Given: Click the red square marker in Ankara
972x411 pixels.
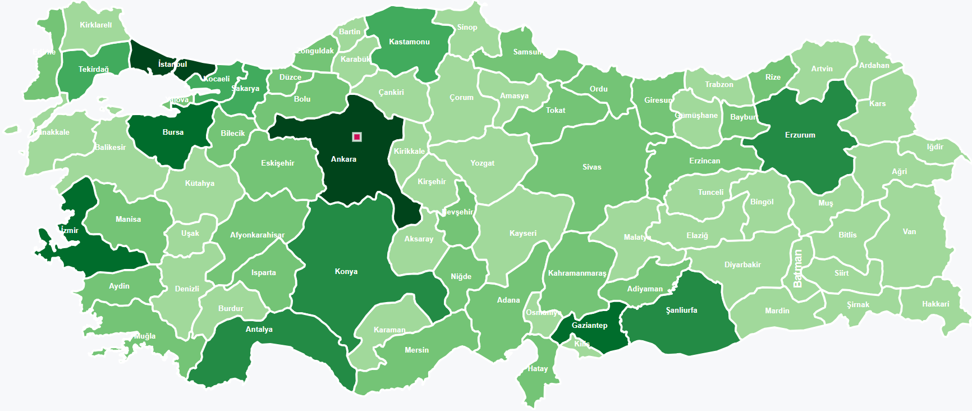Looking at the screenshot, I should [x=357, y=137].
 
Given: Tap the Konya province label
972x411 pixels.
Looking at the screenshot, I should [x=346, y=272].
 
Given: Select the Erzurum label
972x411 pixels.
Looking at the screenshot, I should [x=800, y=135].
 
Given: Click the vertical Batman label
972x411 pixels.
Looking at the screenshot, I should [x=797, y=269].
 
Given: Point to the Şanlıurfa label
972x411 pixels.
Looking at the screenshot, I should [x=681, y=310].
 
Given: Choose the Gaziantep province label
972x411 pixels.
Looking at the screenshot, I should [x=589, y=326].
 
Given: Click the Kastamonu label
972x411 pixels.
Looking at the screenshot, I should [x=409, y=42].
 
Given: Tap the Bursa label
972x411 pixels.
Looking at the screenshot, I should [x=173, y=133].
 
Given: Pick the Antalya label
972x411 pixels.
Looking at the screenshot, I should [x=259, y=330].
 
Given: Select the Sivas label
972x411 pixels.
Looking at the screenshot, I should [x=592, y=167].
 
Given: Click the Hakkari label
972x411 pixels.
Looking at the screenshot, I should [x=936, y=304].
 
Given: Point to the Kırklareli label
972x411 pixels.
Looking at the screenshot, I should [x=95, y=25].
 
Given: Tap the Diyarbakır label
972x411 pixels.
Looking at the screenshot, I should [x=742, y=265].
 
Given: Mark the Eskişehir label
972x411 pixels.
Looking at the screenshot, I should [x=277, y=163].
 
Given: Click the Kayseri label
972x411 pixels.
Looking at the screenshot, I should [x=522, y=234].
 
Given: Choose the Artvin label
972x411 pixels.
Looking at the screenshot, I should [x=822, y=69].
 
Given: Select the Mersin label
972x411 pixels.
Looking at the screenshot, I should [x=416, y=350].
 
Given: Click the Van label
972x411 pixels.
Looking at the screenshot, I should [x=909, y=232].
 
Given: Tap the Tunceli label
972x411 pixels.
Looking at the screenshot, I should [x=710, y=193].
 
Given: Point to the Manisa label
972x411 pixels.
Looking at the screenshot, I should [x=128, y=220].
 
